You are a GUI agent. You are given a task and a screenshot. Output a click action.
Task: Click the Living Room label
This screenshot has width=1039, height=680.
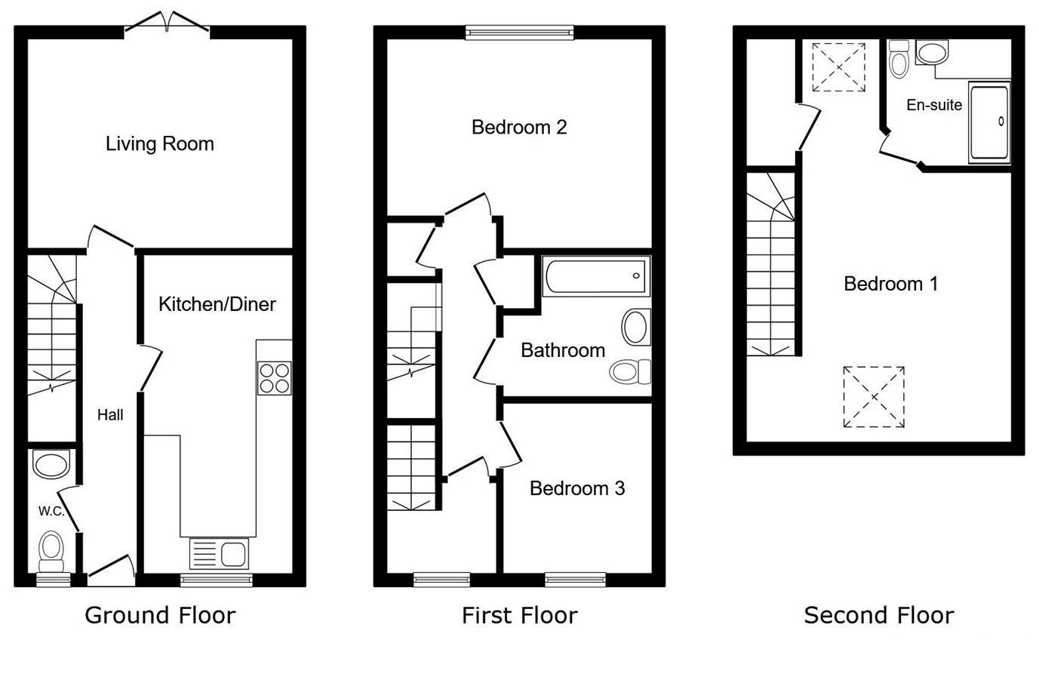click(x=159, y=143)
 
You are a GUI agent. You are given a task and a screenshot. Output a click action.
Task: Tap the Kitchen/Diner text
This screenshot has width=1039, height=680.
click(x=217, y=304)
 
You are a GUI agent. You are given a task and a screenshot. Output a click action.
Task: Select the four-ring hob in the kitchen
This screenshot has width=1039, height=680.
click(x=275, y=378)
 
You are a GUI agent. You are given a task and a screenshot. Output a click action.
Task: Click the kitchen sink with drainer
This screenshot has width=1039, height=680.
click(x=218, y=553)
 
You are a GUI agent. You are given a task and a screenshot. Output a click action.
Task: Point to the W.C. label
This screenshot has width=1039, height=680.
click(x=51, y=511)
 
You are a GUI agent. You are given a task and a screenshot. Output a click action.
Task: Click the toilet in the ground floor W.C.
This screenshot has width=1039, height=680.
click(x=51, y=551)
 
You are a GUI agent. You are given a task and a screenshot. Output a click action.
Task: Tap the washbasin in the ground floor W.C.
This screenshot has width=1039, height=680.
click(x=51, y=465)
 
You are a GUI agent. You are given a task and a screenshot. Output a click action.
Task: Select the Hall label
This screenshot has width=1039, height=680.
click(x=110, y=414)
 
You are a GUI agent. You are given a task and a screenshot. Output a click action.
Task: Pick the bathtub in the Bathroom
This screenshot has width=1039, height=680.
click(x=596, y=276)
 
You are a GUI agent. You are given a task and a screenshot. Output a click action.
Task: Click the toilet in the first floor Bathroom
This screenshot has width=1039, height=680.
click(x=631, y=371)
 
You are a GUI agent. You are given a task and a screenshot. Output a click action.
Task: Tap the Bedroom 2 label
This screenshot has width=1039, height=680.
click(x=518, y=127)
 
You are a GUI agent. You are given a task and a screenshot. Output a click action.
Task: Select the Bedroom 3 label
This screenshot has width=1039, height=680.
click(x=576, y=488)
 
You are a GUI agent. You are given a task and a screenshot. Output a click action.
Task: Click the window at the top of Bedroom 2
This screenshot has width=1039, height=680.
click(x=519, y=32)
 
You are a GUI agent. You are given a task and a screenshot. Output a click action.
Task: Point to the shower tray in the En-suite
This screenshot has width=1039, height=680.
click(x=988, y=123)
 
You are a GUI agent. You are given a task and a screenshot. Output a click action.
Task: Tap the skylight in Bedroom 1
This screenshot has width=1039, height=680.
click(x=873, y=397)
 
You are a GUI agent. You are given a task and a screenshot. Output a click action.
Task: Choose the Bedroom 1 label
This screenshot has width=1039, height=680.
click(x=890, y=284)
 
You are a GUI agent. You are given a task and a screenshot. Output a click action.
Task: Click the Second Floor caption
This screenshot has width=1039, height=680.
click(x=878, y=615)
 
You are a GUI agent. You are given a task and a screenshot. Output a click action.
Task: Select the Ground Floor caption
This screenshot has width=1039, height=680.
click(x=160, y=615)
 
